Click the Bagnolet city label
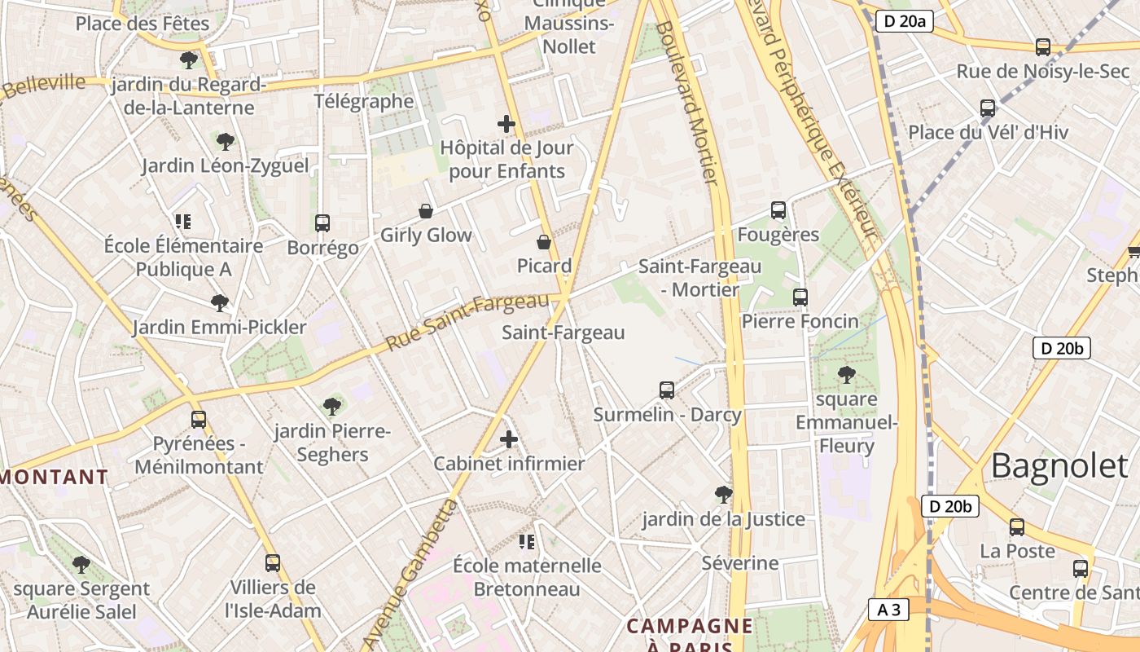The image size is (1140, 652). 1059,465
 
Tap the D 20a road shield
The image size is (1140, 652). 904,21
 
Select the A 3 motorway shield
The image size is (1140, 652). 888,609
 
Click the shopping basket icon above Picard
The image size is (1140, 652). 544,242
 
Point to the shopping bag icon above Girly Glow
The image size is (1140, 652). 425,211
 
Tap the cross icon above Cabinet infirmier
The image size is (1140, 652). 509,440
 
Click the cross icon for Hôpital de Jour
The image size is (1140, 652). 506,124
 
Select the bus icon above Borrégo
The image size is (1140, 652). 322,222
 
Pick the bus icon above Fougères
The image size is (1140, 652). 778,210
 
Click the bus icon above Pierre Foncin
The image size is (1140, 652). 800,297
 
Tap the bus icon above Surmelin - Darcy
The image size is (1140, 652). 667,390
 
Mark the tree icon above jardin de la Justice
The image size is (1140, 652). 722,494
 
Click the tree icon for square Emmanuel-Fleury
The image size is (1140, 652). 847,375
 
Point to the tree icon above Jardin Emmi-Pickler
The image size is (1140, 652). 219,303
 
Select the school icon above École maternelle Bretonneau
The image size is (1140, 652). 527,541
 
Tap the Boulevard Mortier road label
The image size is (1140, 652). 688,102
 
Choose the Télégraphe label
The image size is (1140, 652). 364,101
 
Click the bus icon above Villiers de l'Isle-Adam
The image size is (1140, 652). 273,562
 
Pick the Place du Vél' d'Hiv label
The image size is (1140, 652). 988,132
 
